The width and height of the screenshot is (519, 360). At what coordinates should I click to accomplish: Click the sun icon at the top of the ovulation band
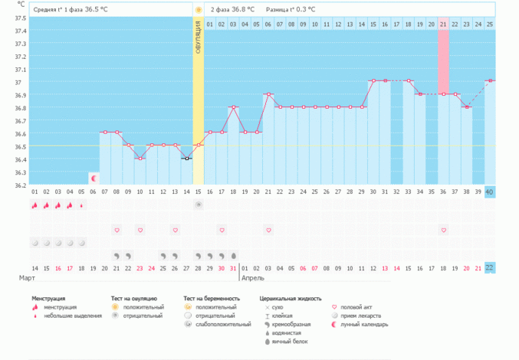[198, 10]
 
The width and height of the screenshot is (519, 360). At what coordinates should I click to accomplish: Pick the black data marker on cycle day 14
[186, 159]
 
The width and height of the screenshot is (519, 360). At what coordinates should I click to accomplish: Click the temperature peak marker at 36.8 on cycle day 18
[234, 107]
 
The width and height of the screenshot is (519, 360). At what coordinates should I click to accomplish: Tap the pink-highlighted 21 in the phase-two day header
[443, 25]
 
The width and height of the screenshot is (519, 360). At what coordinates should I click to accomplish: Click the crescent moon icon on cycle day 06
[94, 178]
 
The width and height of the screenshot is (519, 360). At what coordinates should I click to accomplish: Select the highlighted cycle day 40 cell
[490, 191]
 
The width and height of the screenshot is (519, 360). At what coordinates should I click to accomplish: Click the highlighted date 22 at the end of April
[490, 267]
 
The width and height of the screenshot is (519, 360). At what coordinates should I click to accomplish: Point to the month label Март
[28, 278]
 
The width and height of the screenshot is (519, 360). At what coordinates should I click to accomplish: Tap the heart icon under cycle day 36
[443, 230]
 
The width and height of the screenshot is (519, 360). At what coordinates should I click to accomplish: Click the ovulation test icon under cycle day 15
[198, 205]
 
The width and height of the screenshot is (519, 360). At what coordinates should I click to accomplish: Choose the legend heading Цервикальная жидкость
[291, 299]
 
